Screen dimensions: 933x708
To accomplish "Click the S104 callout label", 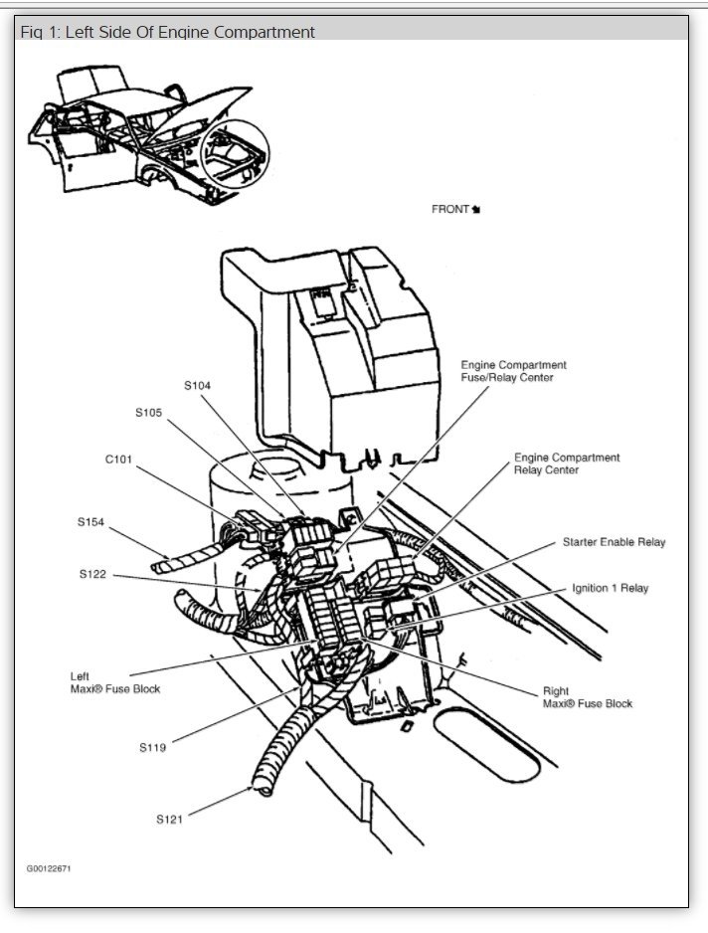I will coord(197,385).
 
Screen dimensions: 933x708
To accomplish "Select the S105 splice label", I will coord(149,412).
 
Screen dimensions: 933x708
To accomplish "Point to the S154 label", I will coord(91,520).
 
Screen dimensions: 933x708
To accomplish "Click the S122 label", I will coord(94,574).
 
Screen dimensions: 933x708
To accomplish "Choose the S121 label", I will coord(171,820).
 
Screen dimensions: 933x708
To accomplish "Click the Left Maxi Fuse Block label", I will coord(114,682).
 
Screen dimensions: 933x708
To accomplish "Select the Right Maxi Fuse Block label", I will coord(587,696).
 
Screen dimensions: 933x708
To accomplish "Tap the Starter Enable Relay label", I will coord(614,542).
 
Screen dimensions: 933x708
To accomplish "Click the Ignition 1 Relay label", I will coord(610,588).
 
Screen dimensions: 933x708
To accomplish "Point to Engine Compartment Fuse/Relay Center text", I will coord(513,371).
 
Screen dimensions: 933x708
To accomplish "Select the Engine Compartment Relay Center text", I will coord(566,464).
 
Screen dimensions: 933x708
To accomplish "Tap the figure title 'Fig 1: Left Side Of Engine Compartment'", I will coord(168,32).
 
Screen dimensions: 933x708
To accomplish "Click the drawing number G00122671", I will coord(49,868).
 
